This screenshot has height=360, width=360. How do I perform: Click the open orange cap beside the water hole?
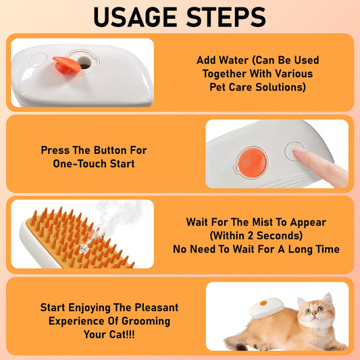pos(62,65)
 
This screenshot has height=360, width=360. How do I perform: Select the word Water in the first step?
pos(231,59)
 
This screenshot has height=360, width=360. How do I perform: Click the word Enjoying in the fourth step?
pos(92,307)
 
